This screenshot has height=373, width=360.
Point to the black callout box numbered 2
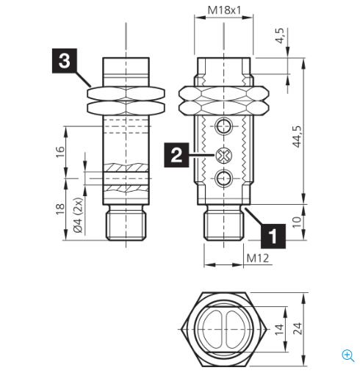point(176,155)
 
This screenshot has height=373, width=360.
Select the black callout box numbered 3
point(65,61)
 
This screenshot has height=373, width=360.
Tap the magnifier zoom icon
point(348,355)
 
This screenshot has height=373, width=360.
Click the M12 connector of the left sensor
point(126,224)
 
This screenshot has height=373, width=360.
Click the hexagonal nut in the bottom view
point(223,330)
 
